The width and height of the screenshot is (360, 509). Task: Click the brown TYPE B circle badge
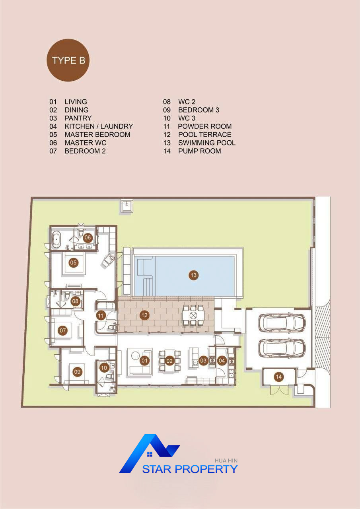click(x=68, y=60)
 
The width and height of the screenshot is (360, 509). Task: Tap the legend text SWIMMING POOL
click(x=207, y=143)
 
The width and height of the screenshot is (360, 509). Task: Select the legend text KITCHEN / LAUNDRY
click(x=99, y=126)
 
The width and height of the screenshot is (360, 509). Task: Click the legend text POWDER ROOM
click(x=205, y=126)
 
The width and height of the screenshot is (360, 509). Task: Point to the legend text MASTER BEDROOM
click(x=97, y=134)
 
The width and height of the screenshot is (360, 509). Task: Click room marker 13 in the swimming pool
click(x=193, y=276)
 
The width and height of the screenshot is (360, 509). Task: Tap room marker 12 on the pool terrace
click(x=144, y=315)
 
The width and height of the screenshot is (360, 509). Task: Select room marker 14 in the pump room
click(x=278, y=377)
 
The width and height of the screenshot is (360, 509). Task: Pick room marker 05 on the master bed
click(x=74, y=263)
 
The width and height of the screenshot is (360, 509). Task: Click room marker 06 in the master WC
click(x=88, y=238)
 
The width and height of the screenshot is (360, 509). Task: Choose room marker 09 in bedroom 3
click(x=77, y=372)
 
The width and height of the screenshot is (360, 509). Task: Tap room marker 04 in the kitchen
click(x=222, y=360)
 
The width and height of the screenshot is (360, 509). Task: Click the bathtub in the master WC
click(x=56, y=240)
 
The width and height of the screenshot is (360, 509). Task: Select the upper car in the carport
click(x=282, y=322)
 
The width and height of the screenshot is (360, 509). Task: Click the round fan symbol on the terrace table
click(x=193, y=315)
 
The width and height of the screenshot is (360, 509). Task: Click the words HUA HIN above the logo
click(x=226, y=460)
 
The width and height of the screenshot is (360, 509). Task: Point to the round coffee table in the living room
click(x=136, y=356)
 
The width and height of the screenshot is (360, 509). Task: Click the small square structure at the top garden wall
click(x=126, y=206)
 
